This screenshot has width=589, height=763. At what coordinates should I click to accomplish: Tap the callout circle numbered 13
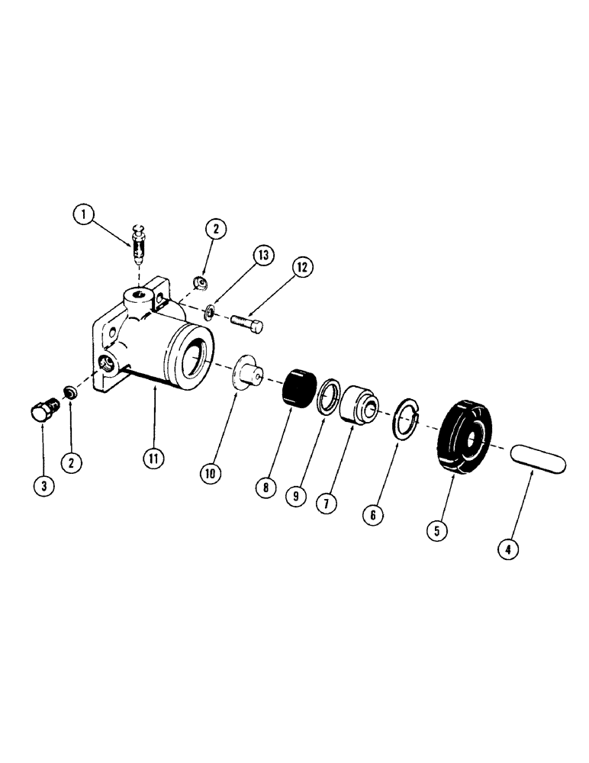pyautogui.click(x=264, y=256)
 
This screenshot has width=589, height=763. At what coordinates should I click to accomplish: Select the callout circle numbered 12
pyautogui.click(x=301, y=267)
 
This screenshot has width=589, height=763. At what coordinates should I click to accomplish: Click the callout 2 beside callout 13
pyautogui.click(x=214, y=229)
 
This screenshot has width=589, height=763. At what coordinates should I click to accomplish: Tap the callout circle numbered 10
pyautogui.click(x=210, y=473)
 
